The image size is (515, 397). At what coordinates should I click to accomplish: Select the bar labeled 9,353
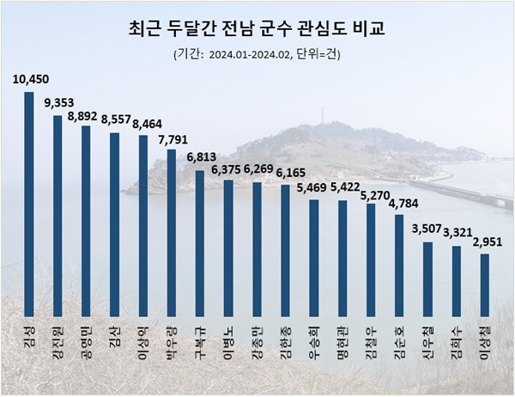pyautogui.click(x=58, y=215)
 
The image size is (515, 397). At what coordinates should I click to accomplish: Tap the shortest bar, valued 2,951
pyautogui.click(x=485, y=284)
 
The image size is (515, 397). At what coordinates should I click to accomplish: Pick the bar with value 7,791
pyautogui.click(x=171, y=233)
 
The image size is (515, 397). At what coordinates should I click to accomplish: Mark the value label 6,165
pyautogui.click(x=285, y=175)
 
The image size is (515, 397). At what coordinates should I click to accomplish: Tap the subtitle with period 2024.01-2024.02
pyautogui.click(x=257, y=56)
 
